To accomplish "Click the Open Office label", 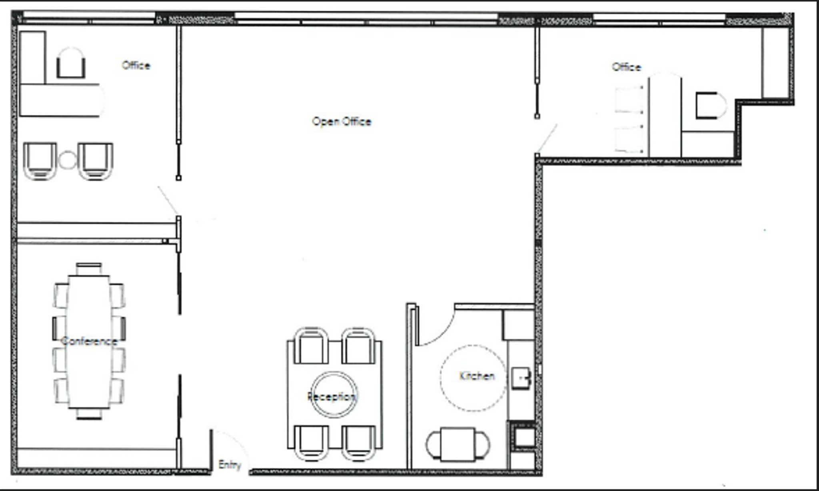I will point(342,122).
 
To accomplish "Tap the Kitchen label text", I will point(477,376).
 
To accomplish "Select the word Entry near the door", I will point(230,465).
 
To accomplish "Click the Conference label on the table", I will point(89,341).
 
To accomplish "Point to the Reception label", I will point(331,397).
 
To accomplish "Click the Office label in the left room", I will point(136,66).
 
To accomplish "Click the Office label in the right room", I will point(626,67).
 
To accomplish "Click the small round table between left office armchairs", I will point(67,160).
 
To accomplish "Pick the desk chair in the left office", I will point(71,63).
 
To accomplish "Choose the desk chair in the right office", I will point(710,106).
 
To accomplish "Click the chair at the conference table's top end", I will point(89,268).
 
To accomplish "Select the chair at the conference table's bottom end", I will point(89,414).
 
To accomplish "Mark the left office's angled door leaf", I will point(168,200).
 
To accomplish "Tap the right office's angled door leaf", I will point(547,138).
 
